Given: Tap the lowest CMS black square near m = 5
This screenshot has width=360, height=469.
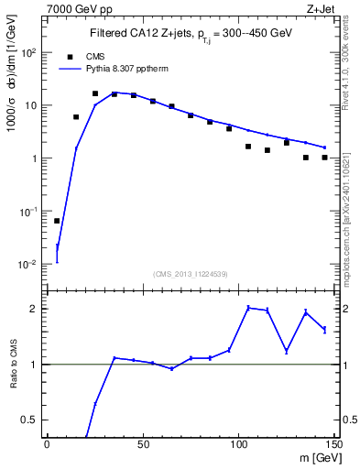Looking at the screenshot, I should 57,221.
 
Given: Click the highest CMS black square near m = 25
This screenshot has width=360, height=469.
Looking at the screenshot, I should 95,93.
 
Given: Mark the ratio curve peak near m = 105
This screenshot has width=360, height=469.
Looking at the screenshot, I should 248,308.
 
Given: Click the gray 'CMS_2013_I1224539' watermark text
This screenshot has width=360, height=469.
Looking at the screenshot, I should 190,273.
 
